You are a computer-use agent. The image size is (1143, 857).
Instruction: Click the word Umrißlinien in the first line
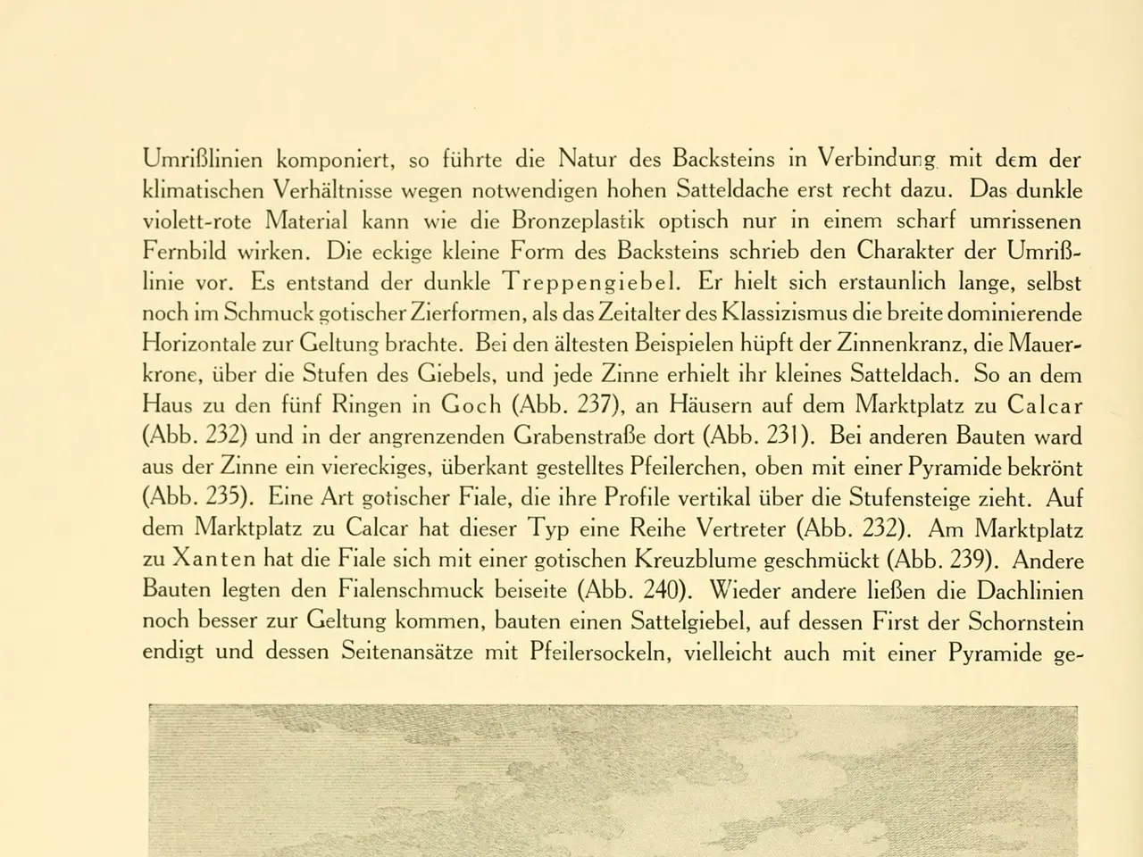click(203, 161)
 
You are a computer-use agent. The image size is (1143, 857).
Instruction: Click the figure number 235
click(225, 498)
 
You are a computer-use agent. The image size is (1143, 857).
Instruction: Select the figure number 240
click(660, 591)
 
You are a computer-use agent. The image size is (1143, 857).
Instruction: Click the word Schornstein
click(1026, 622)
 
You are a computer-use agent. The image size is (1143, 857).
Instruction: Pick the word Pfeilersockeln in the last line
click(598, 653)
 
